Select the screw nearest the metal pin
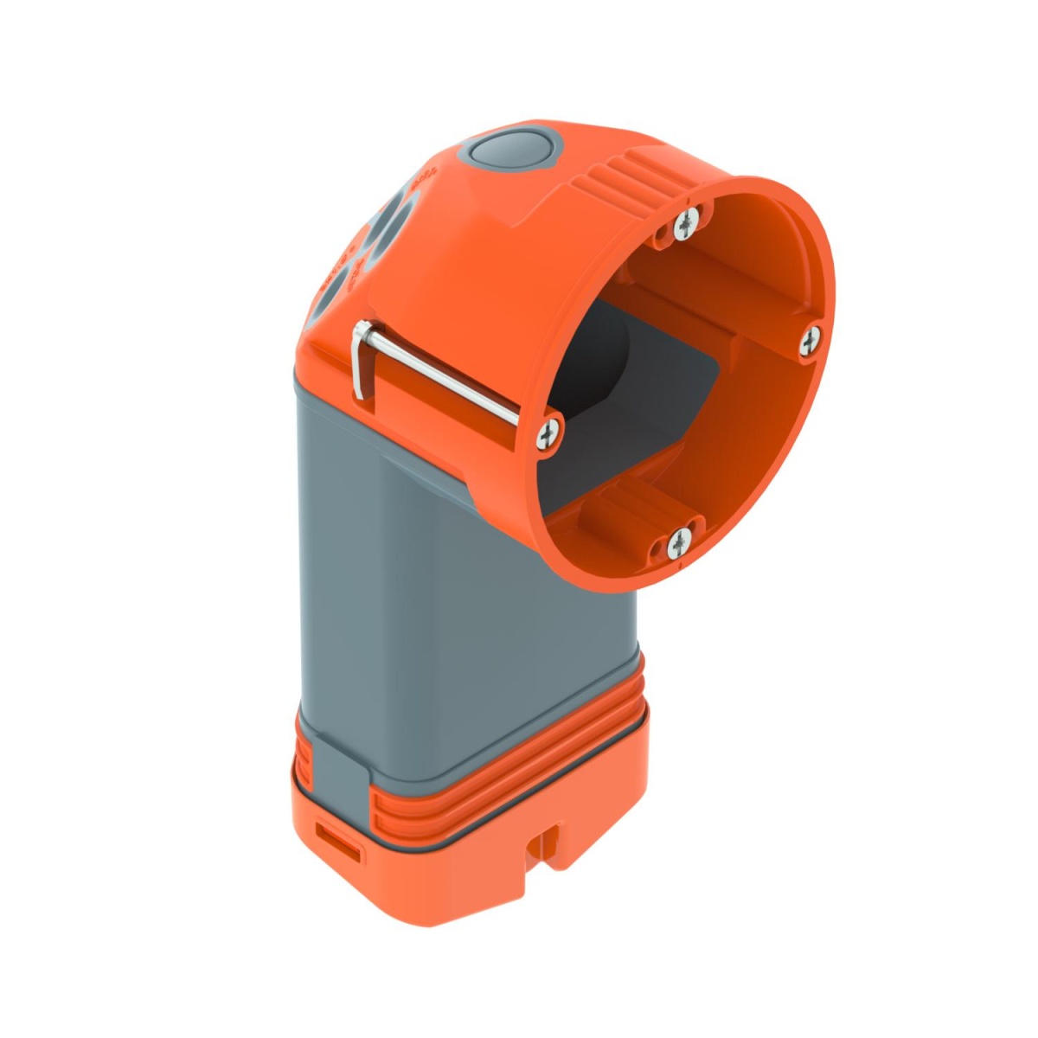(548, 434)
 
